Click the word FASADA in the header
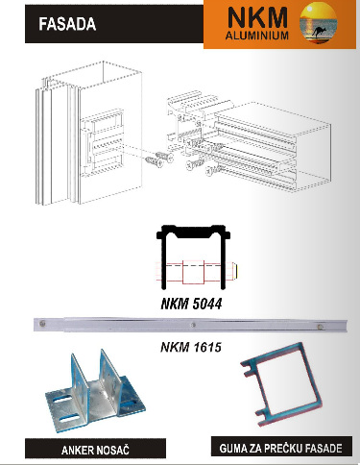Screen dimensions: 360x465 [x=67, y=24]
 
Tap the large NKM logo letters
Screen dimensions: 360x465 [x=257, y=18]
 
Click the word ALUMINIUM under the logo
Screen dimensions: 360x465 [x=257, y=36]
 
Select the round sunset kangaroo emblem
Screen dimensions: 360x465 [x=319, y=22]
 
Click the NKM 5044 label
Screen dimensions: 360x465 [x=191, y=304]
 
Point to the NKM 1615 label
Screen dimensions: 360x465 [x=191, y=347]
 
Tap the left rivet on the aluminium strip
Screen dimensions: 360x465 [x=42, y=324]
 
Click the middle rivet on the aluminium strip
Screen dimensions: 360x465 [x=193, y=325]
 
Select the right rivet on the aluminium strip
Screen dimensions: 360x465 [x=320, y=327]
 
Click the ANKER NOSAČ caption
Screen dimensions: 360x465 [x=95, y=451]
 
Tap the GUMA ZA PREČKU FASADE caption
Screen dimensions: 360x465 [x=280, y=448]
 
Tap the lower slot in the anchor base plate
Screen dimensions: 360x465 [x=68, y=419]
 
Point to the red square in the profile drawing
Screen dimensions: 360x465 [x=193, y=272]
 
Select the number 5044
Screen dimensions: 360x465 [x=207, y=304]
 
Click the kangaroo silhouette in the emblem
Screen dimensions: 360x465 [x=318, y=32]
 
